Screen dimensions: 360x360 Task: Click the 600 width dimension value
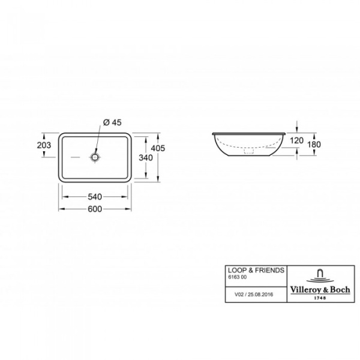click(95, 209)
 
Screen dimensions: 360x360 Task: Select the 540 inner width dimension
click(95, 196)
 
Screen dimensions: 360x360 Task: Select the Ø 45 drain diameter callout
click(113, 122)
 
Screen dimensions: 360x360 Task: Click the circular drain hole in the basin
click(95, 157)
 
